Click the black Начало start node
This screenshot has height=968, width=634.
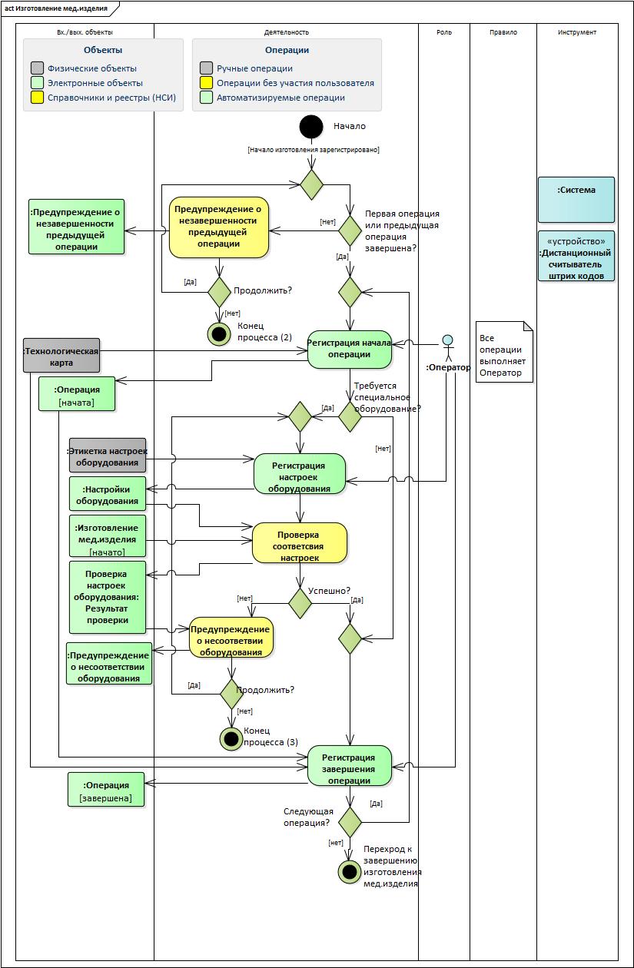[311, 127]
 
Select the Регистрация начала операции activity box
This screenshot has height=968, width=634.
[350, 349]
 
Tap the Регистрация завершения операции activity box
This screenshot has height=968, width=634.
[350, 765]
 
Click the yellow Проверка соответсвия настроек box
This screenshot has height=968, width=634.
[300, 543]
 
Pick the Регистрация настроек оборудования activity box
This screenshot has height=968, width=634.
[300, 473]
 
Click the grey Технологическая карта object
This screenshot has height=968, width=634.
[61, 356]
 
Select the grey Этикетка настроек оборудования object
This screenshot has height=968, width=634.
[108, 456]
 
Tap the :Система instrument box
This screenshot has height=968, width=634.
[576, 199]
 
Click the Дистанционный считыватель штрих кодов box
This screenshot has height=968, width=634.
[576, 256]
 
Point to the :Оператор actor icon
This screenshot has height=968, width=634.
[447, 342]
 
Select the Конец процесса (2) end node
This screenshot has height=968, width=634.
[219, 333]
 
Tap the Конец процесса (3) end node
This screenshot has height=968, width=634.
[231, 739]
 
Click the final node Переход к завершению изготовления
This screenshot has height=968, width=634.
[350, 871]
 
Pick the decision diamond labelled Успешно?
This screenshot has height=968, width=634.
[300, 603]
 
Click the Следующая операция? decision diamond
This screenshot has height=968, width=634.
[350, 822]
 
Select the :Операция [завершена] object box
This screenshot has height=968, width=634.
[106, 791]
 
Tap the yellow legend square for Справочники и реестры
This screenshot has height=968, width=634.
[37, 98]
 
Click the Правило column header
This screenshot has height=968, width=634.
[503, 32]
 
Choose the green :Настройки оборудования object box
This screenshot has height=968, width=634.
[107, 495]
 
